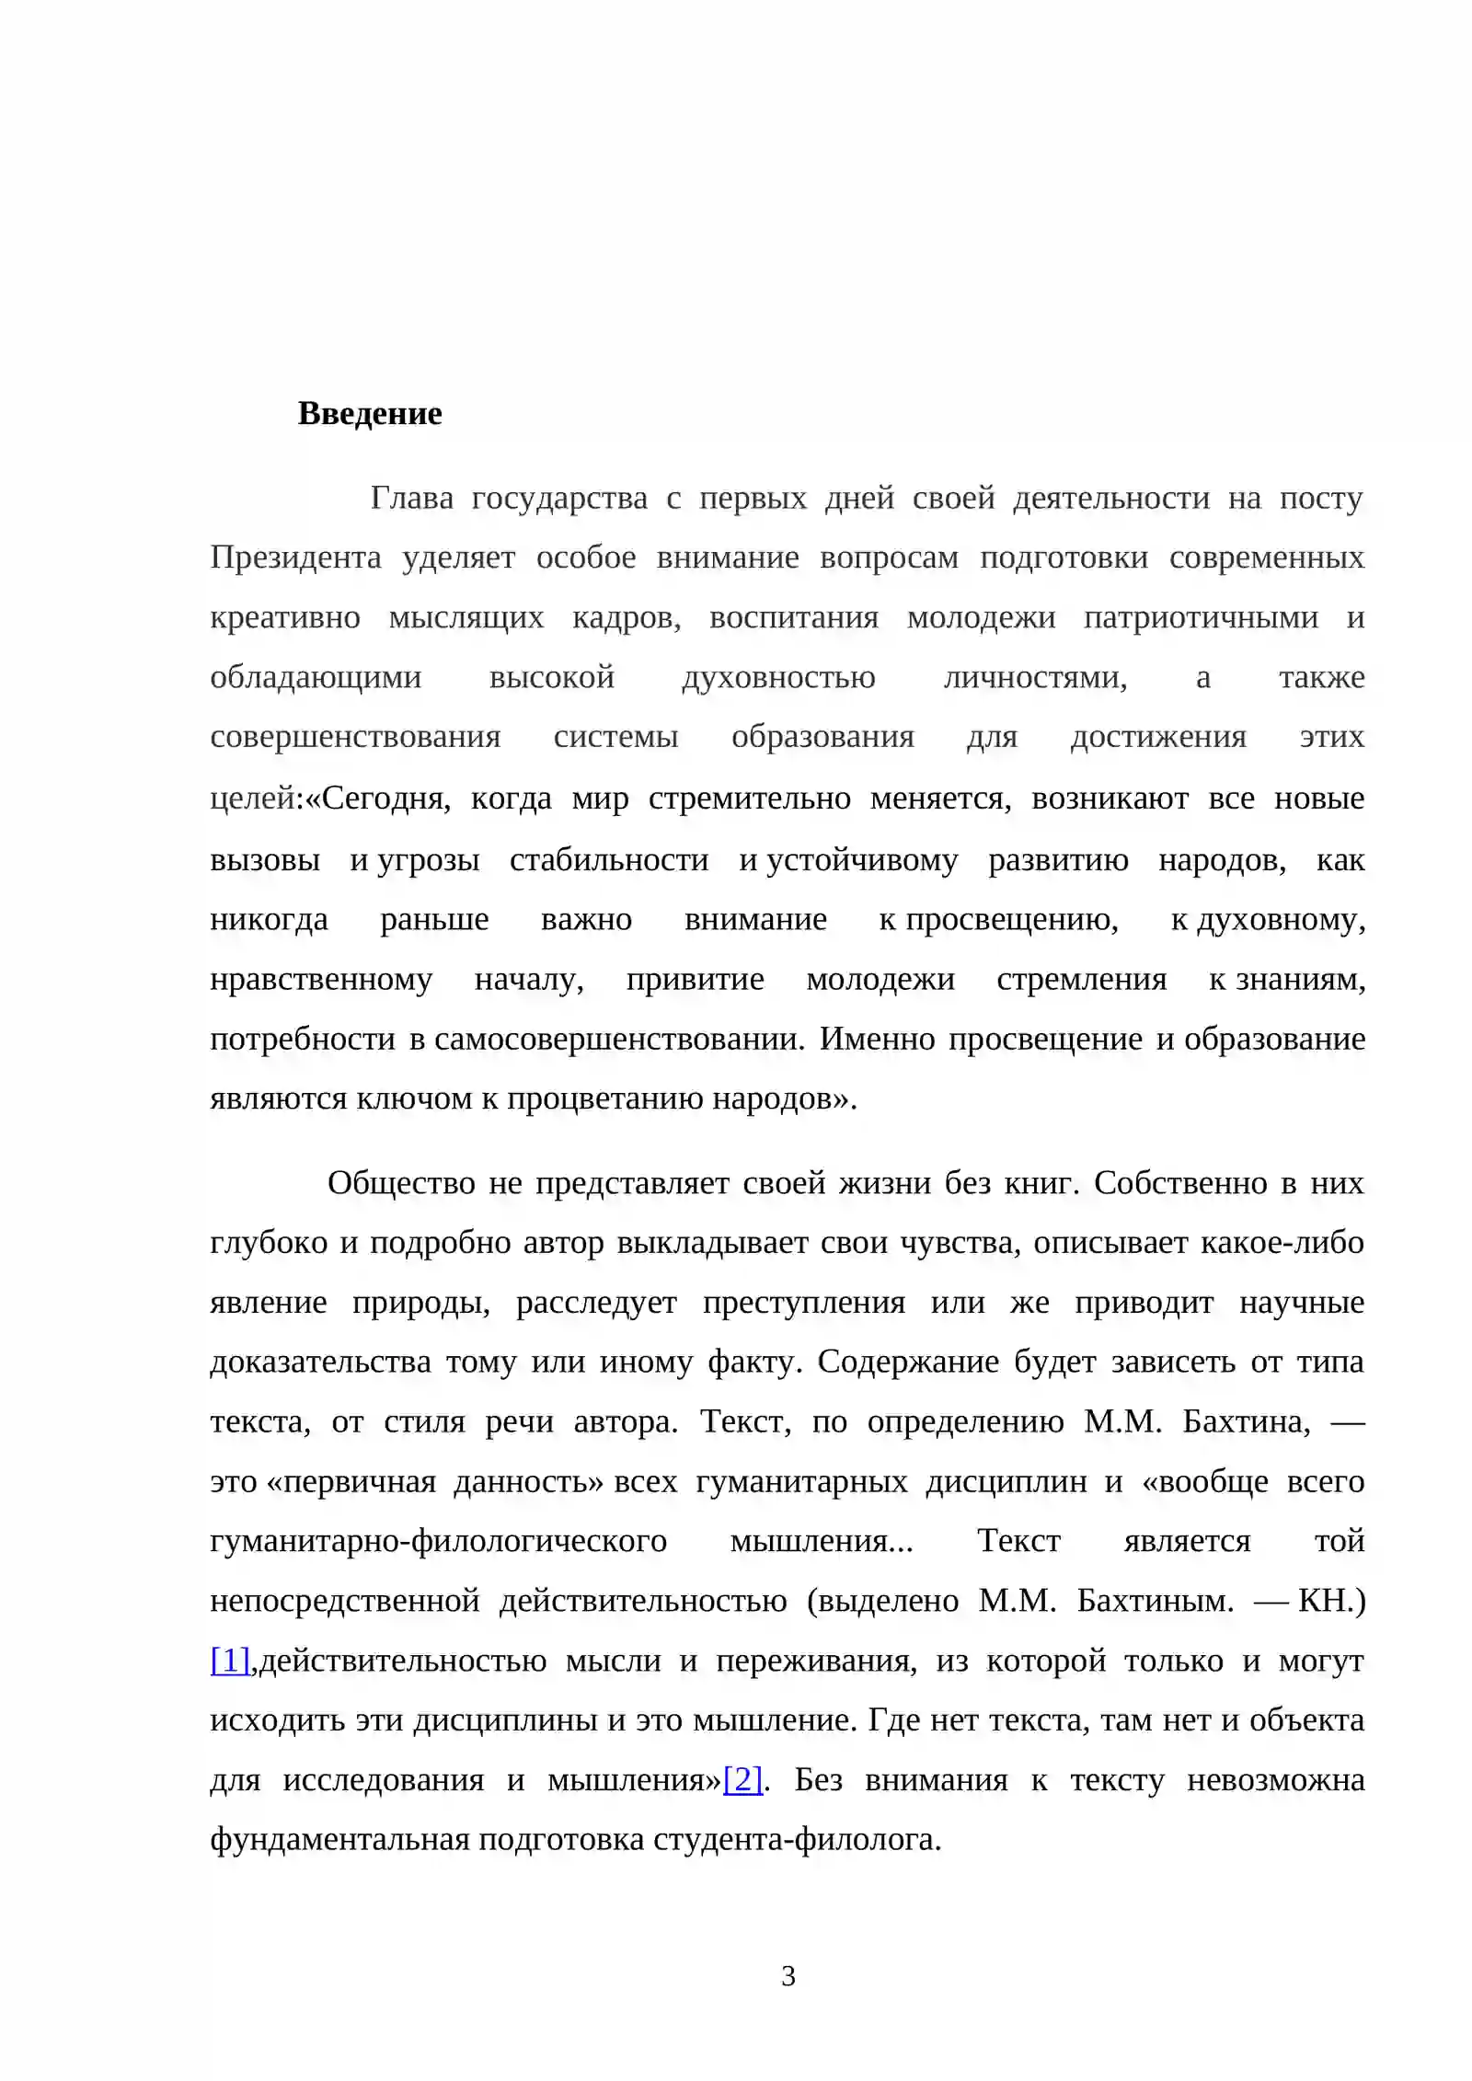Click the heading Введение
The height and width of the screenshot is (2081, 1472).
[x=370, y=414]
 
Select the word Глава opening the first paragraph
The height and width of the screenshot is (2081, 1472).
[x=411, y=499]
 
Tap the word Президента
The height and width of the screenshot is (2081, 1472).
[x=295, y=558]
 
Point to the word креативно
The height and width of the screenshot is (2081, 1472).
[x=285, y=618]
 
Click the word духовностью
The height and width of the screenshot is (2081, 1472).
[x=778, y=678]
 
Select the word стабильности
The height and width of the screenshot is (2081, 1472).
[x=609, y=860]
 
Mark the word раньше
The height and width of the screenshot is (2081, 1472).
[x=434, y=920]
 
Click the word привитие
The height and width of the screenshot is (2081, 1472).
[x=695, y=980]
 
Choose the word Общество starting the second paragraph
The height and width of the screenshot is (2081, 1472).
[x=401, y=1183]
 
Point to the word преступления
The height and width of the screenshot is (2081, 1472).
[x=804, y=1304]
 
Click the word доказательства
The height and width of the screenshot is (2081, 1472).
[x=320, y=1362]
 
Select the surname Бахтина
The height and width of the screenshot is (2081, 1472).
[x=1247, y=1422]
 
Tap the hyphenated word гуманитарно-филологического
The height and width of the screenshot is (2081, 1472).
[x=438, y=1542]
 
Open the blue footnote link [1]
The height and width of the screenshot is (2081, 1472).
[x=230, y=1661]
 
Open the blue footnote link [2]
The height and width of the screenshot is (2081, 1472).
[x=742, y=1780]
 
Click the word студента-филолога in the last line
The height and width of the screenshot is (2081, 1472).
[x=797, y=1840]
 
